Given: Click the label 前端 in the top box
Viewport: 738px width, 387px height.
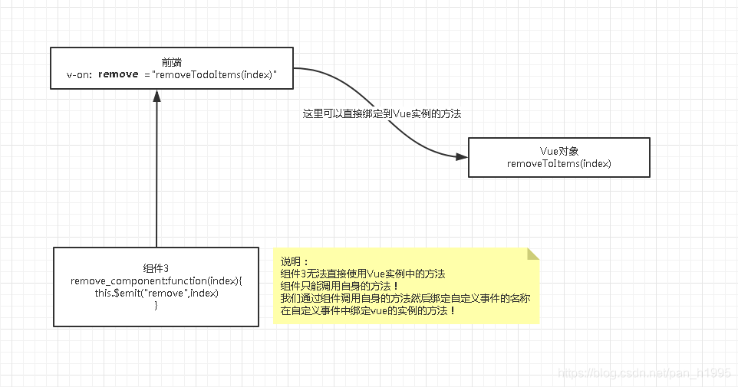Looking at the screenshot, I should tap(172, 61).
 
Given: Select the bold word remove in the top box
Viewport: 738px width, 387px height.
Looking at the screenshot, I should tap(118, 74).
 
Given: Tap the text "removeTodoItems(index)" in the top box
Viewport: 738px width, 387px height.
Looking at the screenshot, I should tap(215, 74).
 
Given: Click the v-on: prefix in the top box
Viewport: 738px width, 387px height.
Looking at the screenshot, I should tap(80, 74).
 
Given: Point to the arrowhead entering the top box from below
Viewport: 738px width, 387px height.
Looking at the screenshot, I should tap(156, 97).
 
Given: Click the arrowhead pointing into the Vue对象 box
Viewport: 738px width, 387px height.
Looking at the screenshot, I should tap(461, 156).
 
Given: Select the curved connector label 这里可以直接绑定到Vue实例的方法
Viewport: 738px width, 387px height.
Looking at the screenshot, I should tap(382, 113).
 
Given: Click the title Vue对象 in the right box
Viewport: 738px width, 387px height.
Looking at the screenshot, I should tap(558, 151).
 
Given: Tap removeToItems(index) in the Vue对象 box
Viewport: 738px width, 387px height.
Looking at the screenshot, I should tap(558, 163).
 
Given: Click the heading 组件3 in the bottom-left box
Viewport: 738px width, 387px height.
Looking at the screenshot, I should tap(156, 267).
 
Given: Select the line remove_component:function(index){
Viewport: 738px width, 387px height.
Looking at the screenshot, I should tap(156, 280).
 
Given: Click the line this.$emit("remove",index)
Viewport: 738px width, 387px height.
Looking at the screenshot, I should tap(156, 293).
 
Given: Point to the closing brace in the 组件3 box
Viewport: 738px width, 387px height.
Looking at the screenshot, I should tap(156, 305).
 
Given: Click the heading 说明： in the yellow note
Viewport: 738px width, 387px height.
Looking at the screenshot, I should tap(294, 261).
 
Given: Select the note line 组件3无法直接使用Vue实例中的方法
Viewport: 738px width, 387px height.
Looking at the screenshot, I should tap(363, 274).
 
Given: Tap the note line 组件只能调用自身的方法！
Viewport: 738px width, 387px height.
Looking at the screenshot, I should tap(340, 286).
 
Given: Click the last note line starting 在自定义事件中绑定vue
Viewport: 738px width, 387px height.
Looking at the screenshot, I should tap(368, 310).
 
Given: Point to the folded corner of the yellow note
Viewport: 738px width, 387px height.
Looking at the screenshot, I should tap(532, 254).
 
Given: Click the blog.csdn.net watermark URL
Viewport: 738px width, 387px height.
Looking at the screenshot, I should tap(644, 372).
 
